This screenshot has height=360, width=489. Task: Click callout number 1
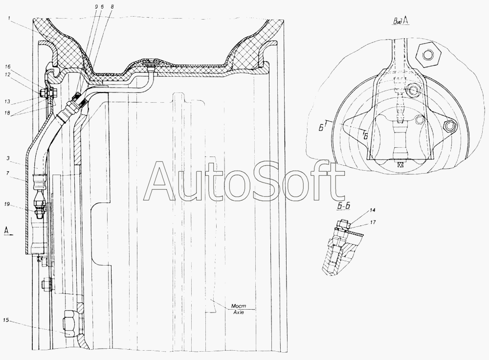(9, 19)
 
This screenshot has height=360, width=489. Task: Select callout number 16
(8, 67)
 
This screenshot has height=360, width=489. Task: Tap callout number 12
(8, 74)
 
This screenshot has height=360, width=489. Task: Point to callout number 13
(7, 101)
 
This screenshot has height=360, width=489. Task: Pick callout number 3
(7, 158)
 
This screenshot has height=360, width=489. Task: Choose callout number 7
(7, 173)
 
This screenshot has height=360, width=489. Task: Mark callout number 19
(7, 204)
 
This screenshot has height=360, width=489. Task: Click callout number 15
(6, 320)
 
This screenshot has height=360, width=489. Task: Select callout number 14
(372, 210)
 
